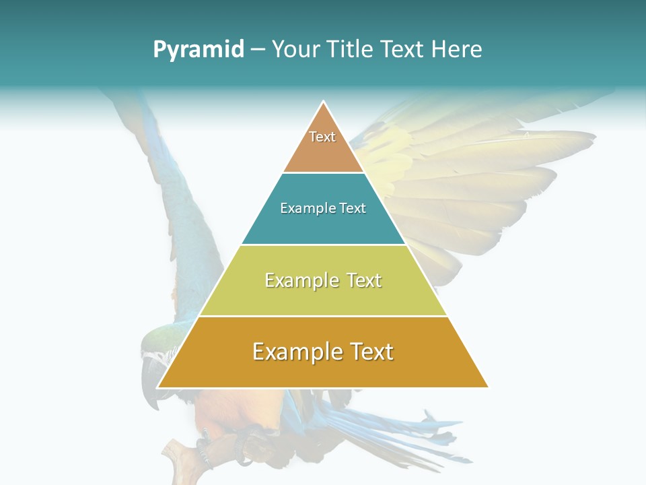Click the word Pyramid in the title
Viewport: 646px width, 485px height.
(x=198, y=49)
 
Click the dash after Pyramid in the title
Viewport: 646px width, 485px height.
(x=258, y=50)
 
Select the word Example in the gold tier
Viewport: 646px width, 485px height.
(x=293, y=352)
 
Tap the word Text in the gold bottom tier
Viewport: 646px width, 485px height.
(x=372, y=352)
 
